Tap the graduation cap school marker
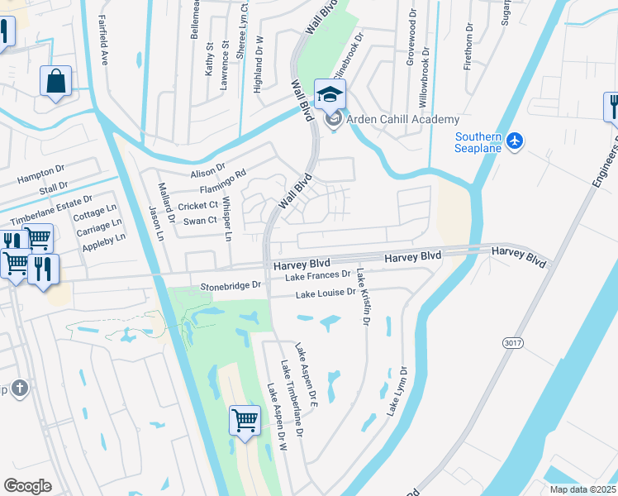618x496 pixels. click(x=330, y=94)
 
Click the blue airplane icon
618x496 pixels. click(x=516, y=141)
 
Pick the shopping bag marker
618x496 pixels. click(x=56, y=82)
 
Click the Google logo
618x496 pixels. click(x=27, y=485)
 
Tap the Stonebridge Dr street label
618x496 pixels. click(x=231, y=285)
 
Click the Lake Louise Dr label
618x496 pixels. click(x=326, y=293)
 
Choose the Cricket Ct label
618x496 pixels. click(x=197, y=205)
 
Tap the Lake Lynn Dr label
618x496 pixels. click(x=397, y=391)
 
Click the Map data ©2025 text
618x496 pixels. click(x=581, y=489)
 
